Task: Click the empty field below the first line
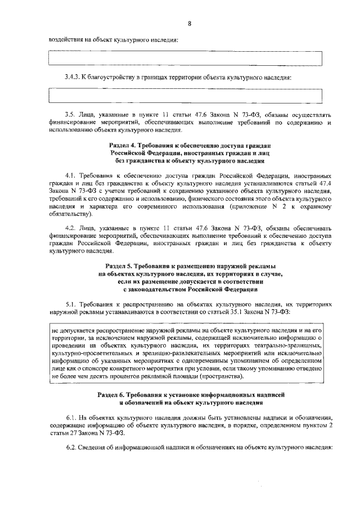click(x=186, y=58)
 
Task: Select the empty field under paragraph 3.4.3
click(x=186, y=96)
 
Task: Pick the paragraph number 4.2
click(x=70, y=228)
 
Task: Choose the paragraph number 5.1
click(x=70, y=303)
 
